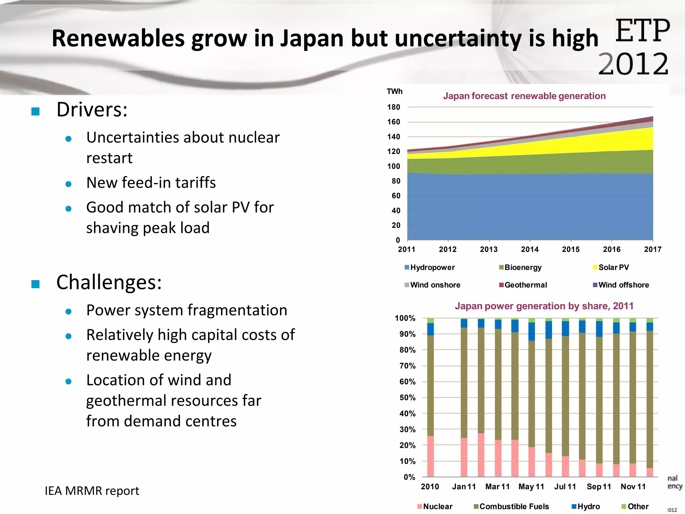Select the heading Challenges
point(109,282)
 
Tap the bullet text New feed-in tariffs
point(151,183)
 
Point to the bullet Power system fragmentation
point(187,310)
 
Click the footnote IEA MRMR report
point(92,491)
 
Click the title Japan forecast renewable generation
point(524,96)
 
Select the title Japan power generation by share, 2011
point(544,306)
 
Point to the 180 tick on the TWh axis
point(394,107)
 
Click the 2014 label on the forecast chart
point(530,249)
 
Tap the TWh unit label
point(395,91)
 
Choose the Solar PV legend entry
point(611,267)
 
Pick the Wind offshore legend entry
point(621,285)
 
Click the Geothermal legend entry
point(523,285)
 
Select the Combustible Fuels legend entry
point(511,506)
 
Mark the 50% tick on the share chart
point(407,398)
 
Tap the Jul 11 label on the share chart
point(565,487)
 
